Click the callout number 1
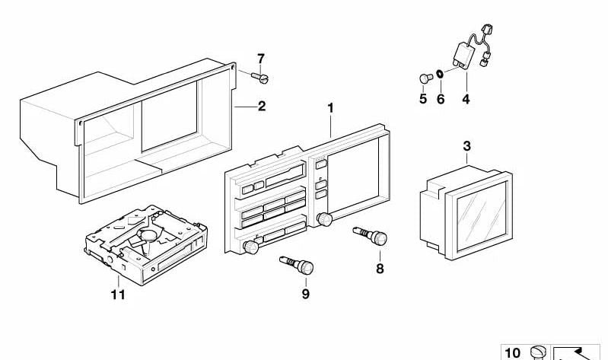pyautogui.click(x=331, y=108)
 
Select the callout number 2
pyautogui.click(x=261, y=107)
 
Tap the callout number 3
pyautogui.click(x=466, y=145)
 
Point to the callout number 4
pyautogui.click(x=466, y=99)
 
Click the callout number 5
pyautogui.click(x=423, y=99)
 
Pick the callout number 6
pyautogui.click(x=440, y=99)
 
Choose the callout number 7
pyautogui.click(x=260, y=58)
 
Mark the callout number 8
pyautogui.click(x=379, y=268)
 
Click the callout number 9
pyautogui.click(x=305, y=294)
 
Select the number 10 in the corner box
pyautogui.click(x=513, y=352)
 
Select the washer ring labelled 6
pyautogui.click(x=441, y=75)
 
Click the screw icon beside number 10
pyautogui.click(x=537, y=352)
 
